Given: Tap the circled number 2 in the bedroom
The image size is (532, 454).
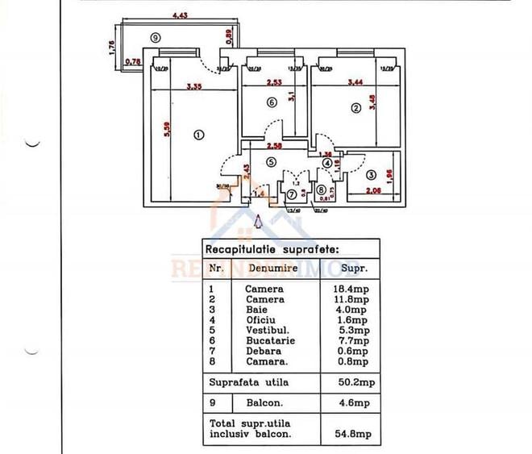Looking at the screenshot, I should (354, 106).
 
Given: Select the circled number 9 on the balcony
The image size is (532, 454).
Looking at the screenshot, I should (156, 37).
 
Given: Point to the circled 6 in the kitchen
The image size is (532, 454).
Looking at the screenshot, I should (271, 102).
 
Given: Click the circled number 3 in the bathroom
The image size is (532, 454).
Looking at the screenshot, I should (371, 174).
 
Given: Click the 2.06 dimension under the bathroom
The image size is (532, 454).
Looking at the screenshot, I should (372, 192).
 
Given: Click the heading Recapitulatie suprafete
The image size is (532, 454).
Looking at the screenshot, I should (272, 250).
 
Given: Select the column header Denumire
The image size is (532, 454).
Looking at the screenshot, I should (273, 267).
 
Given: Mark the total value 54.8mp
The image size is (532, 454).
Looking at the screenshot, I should (357, 434).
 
